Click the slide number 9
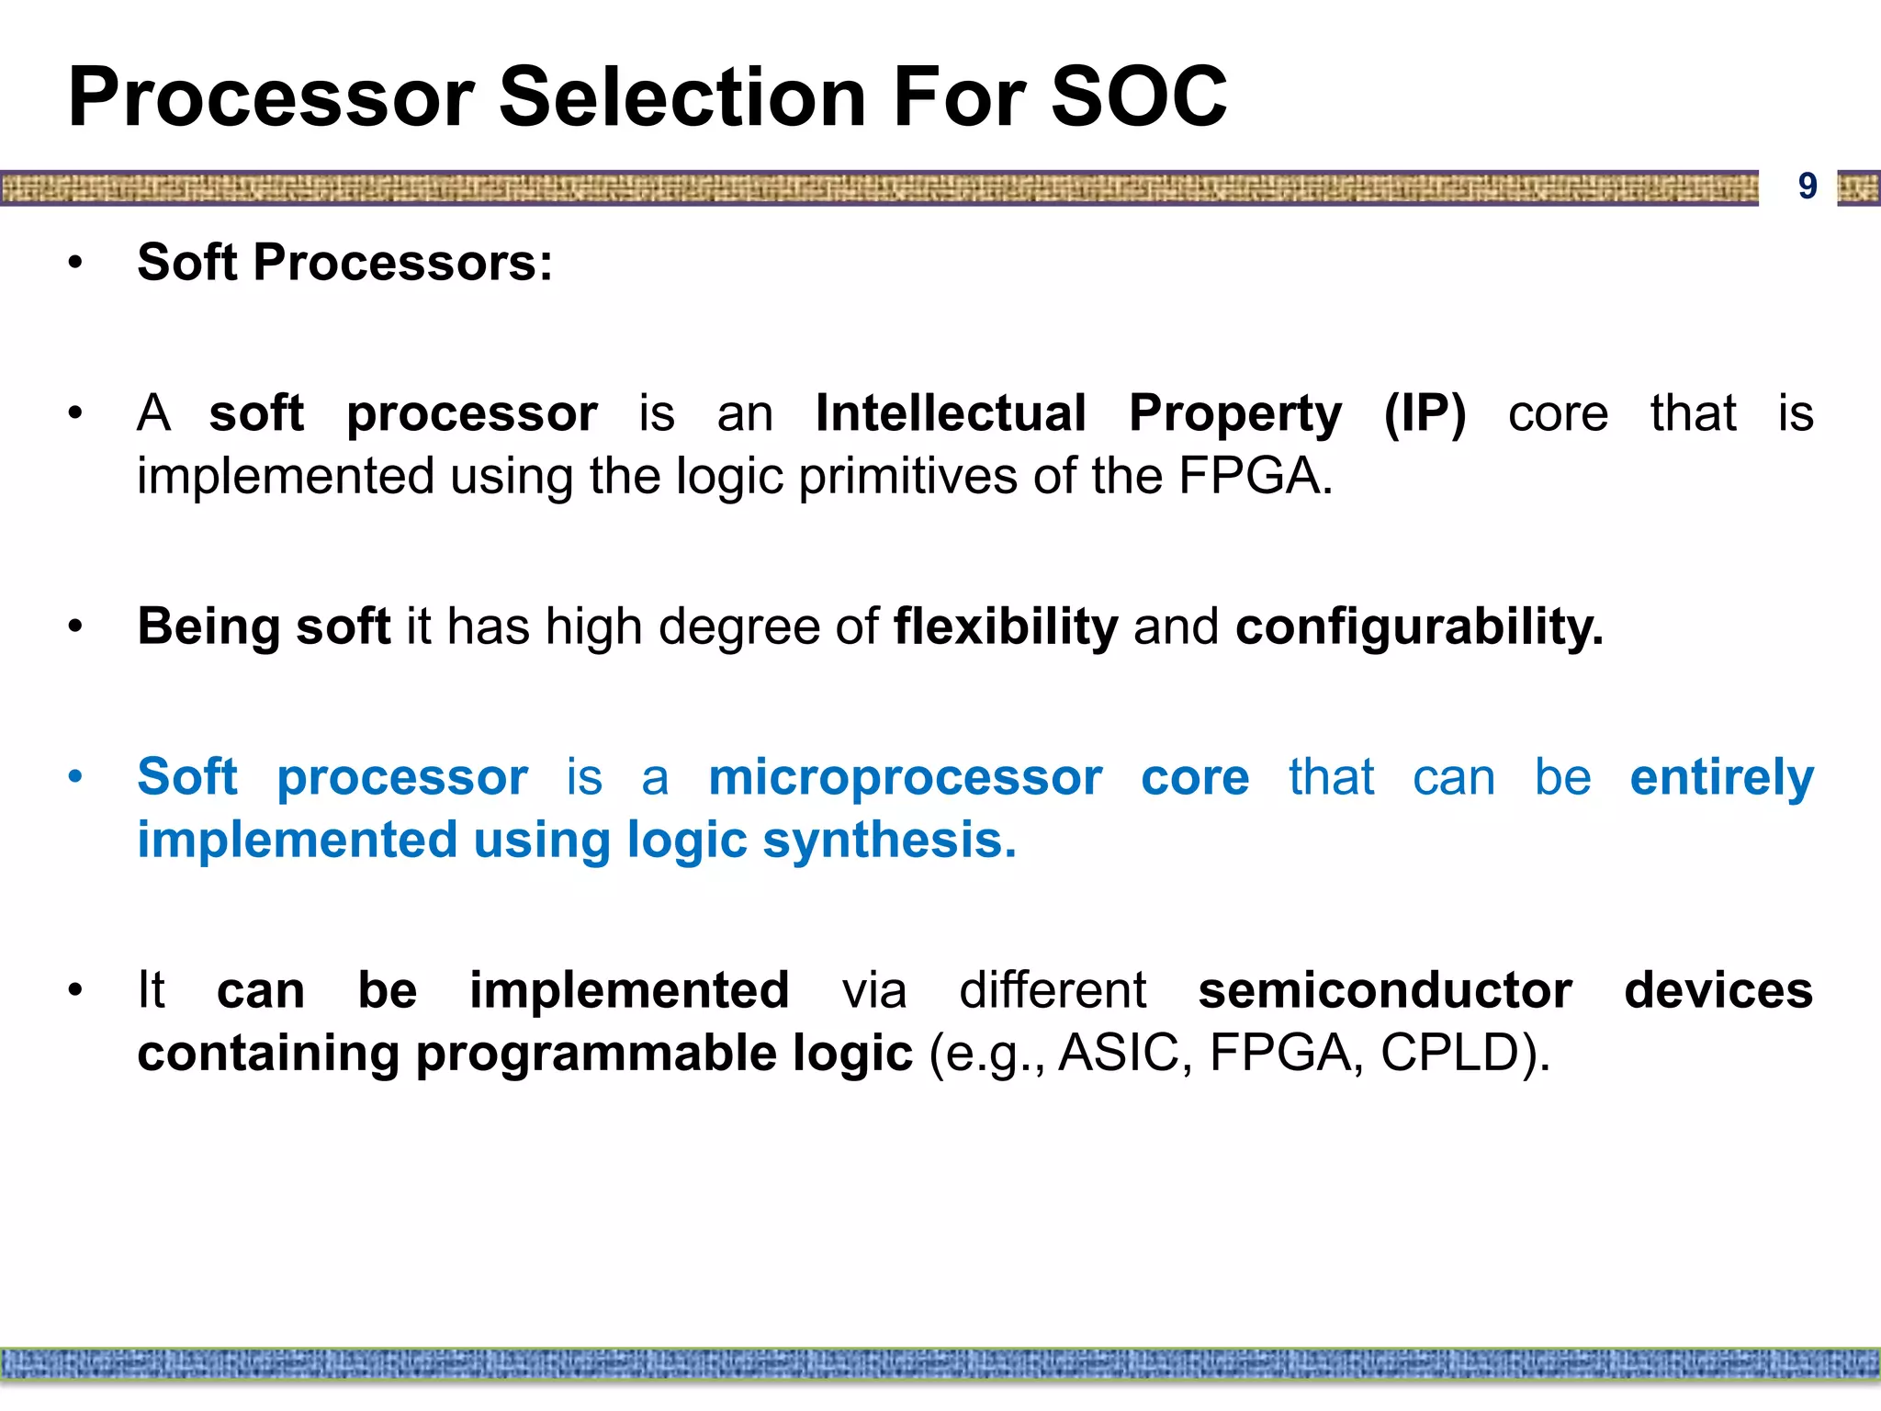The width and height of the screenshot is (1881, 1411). tap(1807, 186)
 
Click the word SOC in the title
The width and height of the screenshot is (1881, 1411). tap(1138, 97)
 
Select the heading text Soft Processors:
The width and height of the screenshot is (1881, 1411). tap(345, 263)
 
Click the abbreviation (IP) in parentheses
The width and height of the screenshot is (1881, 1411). tap(1425, 413)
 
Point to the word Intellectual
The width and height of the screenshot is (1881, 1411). tap(951, 413)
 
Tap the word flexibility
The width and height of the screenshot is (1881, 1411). tap(1006, 626)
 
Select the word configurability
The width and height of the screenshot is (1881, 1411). tap(1419, 626)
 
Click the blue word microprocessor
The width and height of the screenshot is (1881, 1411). tap(905, 777)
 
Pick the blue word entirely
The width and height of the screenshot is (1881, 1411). tap(1721, 777)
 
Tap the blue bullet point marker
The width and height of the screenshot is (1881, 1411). tap(75, 777)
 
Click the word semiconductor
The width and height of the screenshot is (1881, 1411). tap(1385, 990)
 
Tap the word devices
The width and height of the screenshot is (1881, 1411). tap(1718, 990)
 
